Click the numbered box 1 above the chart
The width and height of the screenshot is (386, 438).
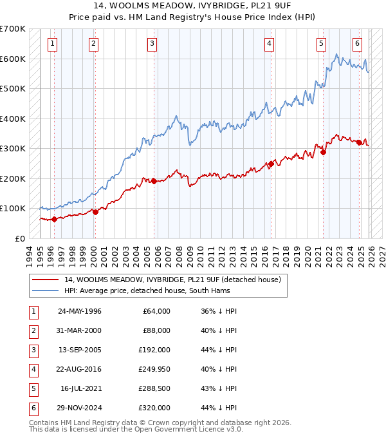[51, 44]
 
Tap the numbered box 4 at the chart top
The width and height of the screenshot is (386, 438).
[268, 44]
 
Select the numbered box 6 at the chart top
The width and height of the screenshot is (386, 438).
[357, 44]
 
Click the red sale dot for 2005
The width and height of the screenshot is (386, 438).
[154, 181]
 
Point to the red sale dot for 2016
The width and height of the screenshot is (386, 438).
[271, 164]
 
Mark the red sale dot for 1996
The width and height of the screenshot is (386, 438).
[54, 219]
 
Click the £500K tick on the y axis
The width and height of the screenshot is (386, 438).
[13, 88]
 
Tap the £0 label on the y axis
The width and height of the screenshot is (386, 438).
[20, 238]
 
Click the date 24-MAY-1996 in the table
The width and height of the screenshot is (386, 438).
[79, 311]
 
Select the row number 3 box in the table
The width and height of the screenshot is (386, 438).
[32, 350]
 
